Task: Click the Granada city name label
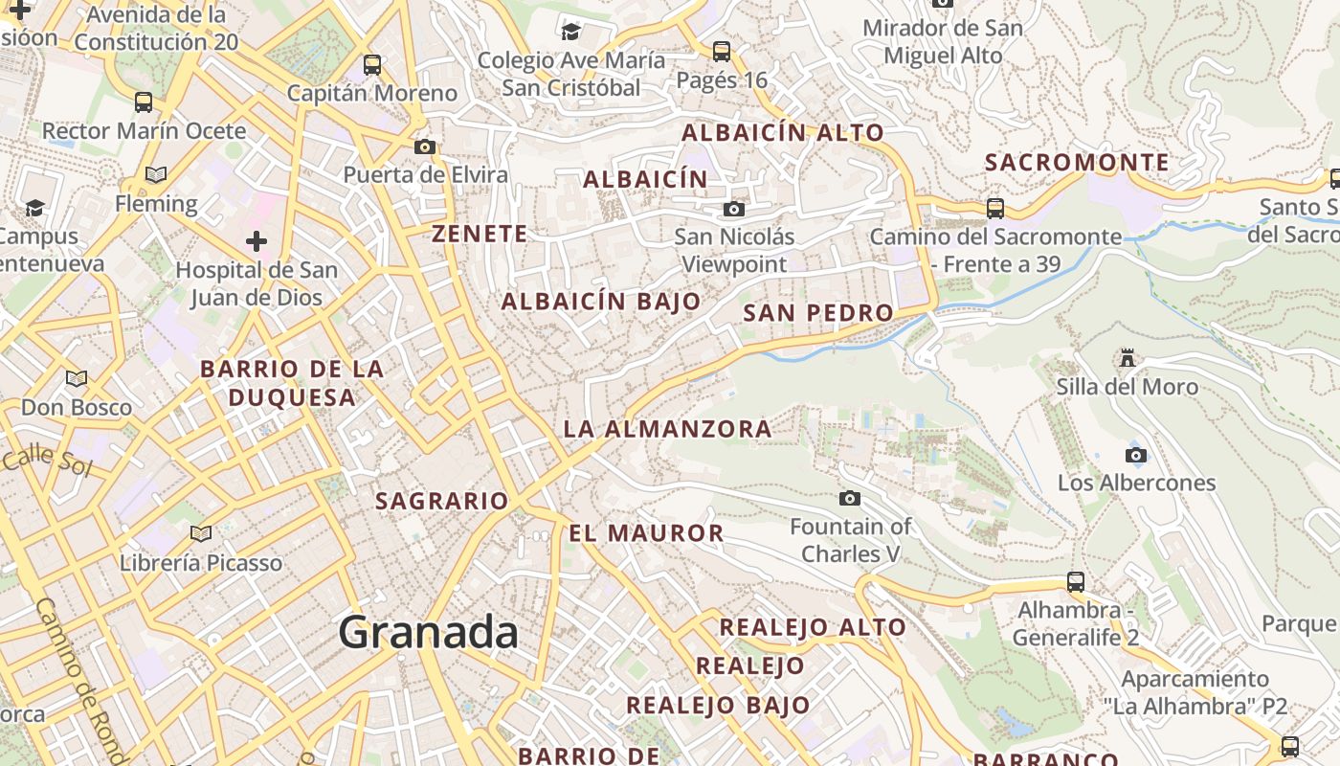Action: [428, 633]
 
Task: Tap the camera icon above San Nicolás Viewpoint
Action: [734, 209]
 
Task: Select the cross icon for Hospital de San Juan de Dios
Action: [256, 241]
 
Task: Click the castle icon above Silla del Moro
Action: [1128, 358]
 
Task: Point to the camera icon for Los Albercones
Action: [1136, 455]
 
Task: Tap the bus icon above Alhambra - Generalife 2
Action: [1076, 581]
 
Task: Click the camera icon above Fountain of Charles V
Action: [849, 498]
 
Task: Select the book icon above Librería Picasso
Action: [200, 533]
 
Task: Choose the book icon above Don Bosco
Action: [77, 378]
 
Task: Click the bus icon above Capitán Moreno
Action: [372, 65]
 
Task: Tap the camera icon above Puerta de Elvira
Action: [425, 146]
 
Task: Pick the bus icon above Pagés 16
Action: [722, 51]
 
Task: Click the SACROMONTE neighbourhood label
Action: [1077, 162]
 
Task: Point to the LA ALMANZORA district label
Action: [667, 428]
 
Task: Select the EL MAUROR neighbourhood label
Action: [646, 533]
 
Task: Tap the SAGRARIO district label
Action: [441, 501]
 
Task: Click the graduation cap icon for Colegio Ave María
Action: [571, 32]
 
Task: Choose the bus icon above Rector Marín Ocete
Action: [144, 101]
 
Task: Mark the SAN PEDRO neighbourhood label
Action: [818, 313]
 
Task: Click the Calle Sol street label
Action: [46, 462]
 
